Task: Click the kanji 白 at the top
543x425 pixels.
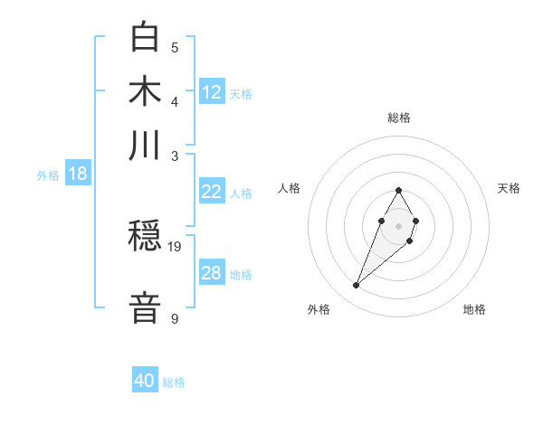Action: coord(146,38)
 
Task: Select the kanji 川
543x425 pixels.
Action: coord(146,145)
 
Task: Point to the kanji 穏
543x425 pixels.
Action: coord(146,237)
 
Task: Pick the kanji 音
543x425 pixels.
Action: coord(146,307)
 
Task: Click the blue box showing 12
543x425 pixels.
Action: coord(212,92)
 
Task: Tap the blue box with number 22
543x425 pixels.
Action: coord(212,192)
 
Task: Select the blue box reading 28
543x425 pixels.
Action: coord(212,273)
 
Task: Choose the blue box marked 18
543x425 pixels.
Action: coord(78,174)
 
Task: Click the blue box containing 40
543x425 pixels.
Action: coord(145,381)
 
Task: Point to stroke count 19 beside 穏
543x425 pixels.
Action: coord(176,247)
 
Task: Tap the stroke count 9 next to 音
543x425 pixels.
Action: coord(175,319)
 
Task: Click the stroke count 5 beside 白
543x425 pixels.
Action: coord(175,48)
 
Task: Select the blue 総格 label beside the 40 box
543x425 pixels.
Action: coord(174,382)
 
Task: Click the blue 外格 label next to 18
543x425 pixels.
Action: coord(48,175)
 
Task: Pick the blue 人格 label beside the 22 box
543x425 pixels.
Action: coord(241,194)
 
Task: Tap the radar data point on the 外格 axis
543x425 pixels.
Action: coord(357,286)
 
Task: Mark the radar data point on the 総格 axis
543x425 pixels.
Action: coord(398,190)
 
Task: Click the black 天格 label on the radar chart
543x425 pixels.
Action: coord(509,188)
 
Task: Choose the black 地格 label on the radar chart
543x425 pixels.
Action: coord(474,309)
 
